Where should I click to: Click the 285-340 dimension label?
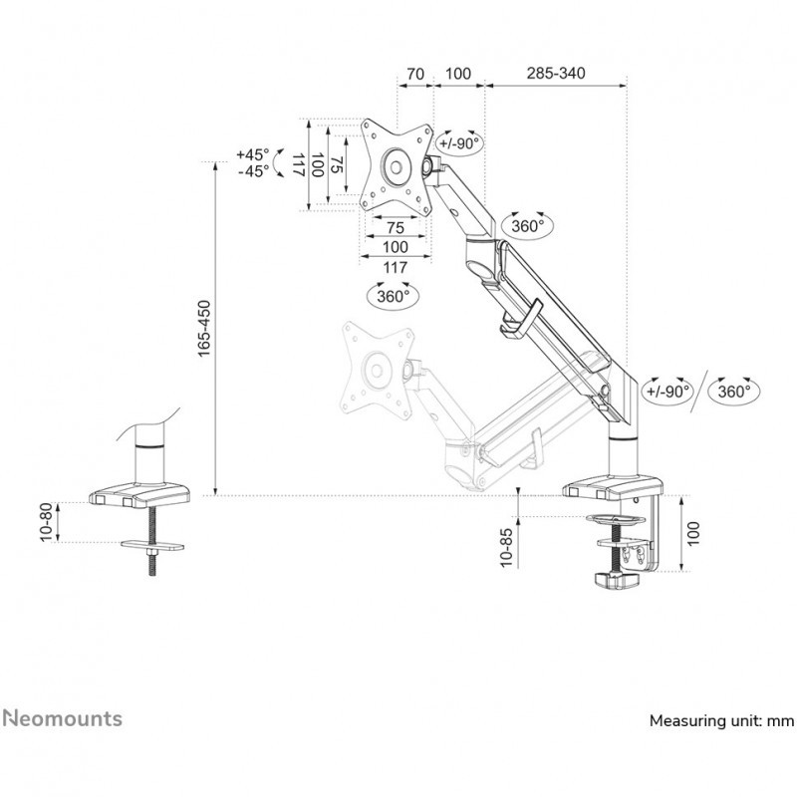pyautogui.click(x=556, y=73)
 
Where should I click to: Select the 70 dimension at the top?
pyautogui.click(x=415, y=74)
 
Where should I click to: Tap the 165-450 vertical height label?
pyautogui.click(x=204, y=329)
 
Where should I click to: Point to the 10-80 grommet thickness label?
pyautogui.click(x=46, y=522)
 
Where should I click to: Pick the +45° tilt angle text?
pyautogui.click(x=253, y=154)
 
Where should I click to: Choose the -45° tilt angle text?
pyautogui.click(x=254, y=171)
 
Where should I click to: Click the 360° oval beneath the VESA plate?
pyautogui.click(x=393, y=296)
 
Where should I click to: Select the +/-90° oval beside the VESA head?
pyautogui.click(x=459, y=143)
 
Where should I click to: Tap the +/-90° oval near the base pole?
pyautogui.click(x=667, y=392)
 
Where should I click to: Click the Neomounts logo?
pyautogui.click(x=62, y=718)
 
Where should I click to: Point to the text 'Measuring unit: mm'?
pyautogui.click(x=721, y=720)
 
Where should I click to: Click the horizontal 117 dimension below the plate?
pyautogui.click(x=395, y=267)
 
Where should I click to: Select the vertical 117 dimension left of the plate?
pyautogui.click(x=299, y=165)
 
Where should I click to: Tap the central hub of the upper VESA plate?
pyautogui.click(x=396, y=166)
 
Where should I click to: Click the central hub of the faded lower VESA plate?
pyautogui.click(x=377, y=371)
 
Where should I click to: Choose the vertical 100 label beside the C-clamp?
pyautogui.click(x=693, y=533)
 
